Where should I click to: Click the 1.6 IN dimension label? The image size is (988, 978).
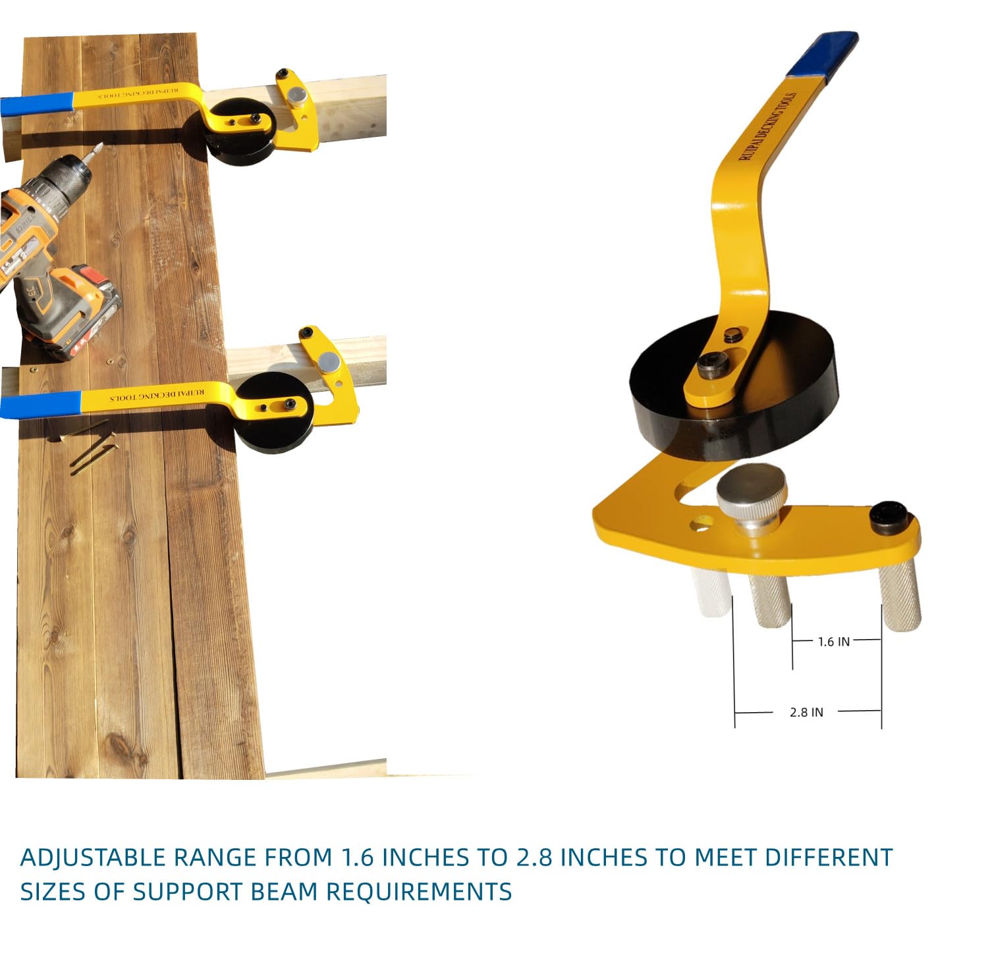(x=833, y=642)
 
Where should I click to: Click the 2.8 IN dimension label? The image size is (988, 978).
(x=806, y=712)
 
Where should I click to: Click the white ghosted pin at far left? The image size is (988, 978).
(x=712, y=592)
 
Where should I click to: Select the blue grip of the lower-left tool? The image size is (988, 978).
(x=40, y=404)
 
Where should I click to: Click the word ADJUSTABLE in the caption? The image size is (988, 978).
(x=93, y=858)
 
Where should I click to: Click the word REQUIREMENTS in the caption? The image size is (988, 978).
(x=419, y=892)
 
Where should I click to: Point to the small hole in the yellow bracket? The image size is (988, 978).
(x=702, y=525)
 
